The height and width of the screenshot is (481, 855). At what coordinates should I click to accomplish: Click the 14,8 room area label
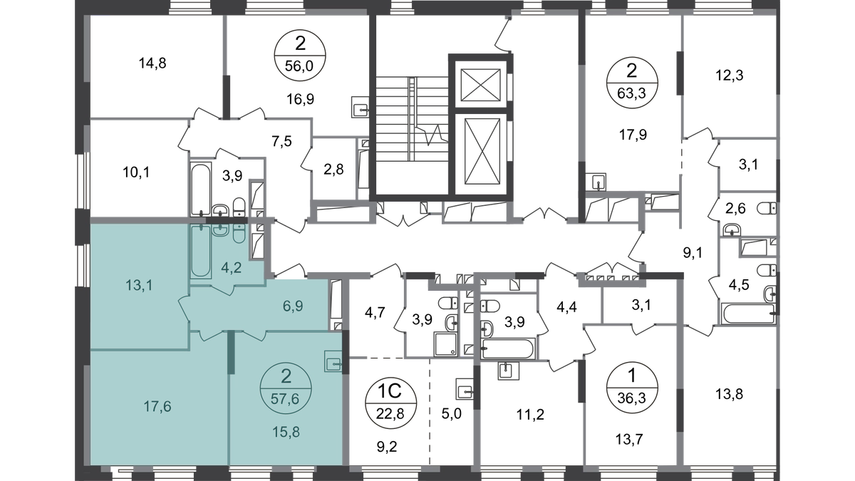(152, 63)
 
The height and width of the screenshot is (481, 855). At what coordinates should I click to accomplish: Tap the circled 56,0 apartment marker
(300, 56)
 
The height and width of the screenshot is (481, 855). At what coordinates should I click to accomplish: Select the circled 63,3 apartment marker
(632, 83)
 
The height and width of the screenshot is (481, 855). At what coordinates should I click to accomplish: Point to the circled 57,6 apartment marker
(286, 388)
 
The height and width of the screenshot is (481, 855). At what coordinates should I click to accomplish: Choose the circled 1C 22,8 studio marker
(391, 402)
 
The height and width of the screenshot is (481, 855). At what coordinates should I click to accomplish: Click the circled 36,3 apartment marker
(632, 388)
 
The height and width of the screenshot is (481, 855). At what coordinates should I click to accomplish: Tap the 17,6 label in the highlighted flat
(157, 407)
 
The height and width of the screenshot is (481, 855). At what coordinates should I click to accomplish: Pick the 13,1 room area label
(140, 285)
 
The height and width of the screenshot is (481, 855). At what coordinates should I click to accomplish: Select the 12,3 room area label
(729, 76)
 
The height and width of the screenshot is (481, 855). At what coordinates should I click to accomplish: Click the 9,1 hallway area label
(693, 253)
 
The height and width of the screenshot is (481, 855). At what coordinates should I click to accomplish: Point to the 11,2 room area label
(530, 414)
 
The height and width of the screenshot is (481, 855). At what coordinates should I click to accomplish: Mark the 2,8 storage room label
(333, 169)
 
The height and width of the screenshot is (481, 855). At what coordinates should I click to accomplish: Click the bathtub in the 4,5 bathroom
(749, 314)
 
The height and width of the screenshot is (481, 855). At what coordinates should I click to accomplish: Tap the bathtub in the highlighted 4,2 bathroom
(201, 251)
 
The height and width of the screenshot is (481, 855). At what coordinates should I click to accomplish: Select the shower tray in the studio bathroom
(445, 344)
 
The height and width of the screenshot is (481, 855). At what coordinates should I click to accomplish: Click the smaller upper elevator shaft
(480, 85)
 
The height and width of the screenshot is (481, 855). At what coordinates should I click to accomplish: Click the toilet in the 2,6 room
(767, 209)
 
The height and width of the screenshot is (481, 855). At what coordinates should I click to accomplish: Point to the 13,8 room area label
(729, 393)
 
